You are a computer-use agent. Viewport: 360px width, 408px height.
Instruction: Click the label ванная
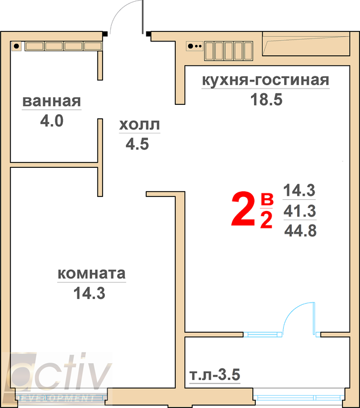[52, 101]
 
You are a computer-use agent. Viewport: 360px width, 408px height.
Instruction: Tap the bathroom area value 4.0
[52, 121]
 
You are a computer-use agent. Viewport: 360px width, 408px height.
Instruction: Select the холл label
[139, 125]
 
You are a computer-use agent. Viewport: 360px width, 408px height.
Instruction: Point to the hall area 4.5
[137, 144]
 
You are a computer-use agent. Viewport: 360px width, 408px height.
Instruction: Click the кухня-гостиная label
[266, 80]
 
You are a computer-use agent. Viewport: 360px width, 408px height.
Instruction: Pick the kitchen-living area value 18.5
[266, 100]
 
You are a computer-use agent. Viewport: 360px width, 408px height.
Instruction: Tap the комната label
[91, 273]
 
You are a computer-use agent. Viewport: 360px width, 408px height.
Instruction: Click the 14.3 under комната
[89, 293]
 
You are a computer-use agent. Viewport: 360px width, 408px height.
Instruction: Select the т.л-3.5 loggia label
[215, 375]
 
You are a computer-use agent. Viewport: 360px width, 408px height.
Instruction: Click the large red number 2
[243, 209]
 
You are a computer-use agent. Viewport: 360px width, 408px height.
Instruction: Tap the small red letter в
[267, 199]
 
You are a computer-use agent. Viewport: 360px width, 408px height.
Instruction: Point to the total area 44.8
[301, 231]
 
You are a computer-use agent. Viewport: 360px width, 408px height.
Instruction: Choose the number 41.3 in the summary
[299, 211]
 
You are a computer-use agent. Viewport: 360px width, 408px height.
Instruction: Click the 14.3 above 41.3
[299, 190]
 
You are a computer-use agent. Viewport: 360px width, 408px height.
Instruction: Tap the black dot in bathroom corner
[16, 46]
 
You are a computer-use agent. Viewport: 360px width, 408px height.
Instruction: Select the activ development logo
[58, 376]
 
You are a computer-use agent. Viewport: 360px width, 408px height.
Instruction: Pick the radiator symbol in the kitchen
[229, 51]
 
